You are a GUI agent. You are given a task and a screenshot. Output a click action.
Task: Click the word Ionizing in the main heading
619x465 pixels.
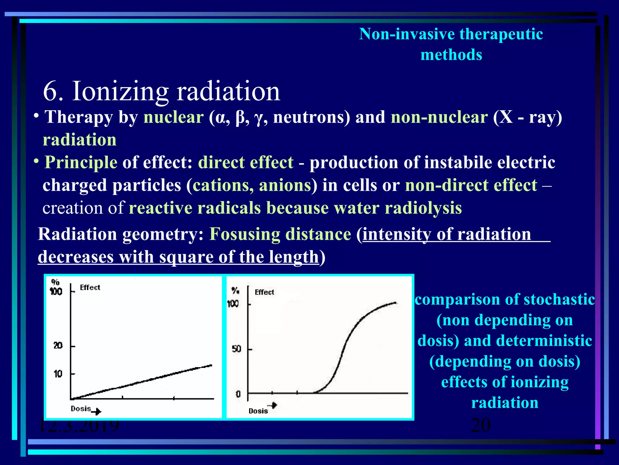pyautogui.click(x=120, y=91)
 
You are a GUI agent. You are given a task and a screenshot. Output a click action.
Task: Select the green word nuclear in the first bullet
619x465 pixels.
pyautogui.click(x=173, y=117)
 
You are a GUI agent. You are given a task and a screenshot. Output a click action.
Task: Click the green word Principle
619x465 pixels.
pyautogui.click(x=81, y=163)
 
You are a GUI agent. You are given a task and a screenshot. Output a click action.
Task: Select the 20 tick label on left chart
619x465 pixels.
pyautogui.click(x=58, y=345)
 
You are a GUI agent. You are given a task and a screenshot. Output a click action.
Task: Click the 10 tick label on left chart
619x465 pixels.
pyautogui.click(x=58, y=374)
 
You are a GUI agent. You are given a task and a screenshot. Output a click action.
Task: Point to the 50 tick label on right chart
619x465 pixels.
pyautogui.click(x=236, y=349)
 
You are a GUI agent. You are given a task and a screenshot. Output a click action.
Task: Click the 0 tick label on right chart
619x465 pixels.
pyautogui.click(x=238, y=394)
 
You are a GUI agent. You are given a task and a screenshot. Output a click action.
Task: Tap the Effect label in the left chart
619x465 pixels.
pyautogui.click(x=90, y=287)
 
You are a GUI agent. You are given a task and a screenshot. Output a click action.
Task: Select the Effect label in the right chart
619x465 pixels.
pyautogui.click(x=264, y=292)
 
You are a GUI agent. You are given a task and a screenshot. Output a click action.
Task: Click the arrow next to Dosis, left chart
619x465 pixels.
pyautogui.click(x=96, y=411)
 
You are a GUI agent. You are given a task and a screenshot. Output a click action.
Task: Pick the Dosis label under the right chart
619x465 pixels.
pyautogui.click(x=258, y=411)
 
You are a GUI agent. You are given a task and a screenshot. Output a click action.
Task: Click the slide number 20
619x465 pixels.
pyautogui.click(x=481, y=425)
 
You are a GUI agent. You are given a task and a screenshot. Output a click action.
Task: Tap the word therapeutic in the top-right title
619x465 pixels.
pyautogui.click(x=501, y=34)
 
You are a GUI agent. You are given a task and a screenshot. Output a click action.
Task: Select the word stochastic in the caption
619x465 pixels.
pyautogui.click(x=559, y=299)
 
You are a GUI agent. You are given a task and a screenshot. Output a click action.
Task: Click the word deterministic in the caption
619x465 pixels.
pyautogui.click(x=544, y=341)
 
